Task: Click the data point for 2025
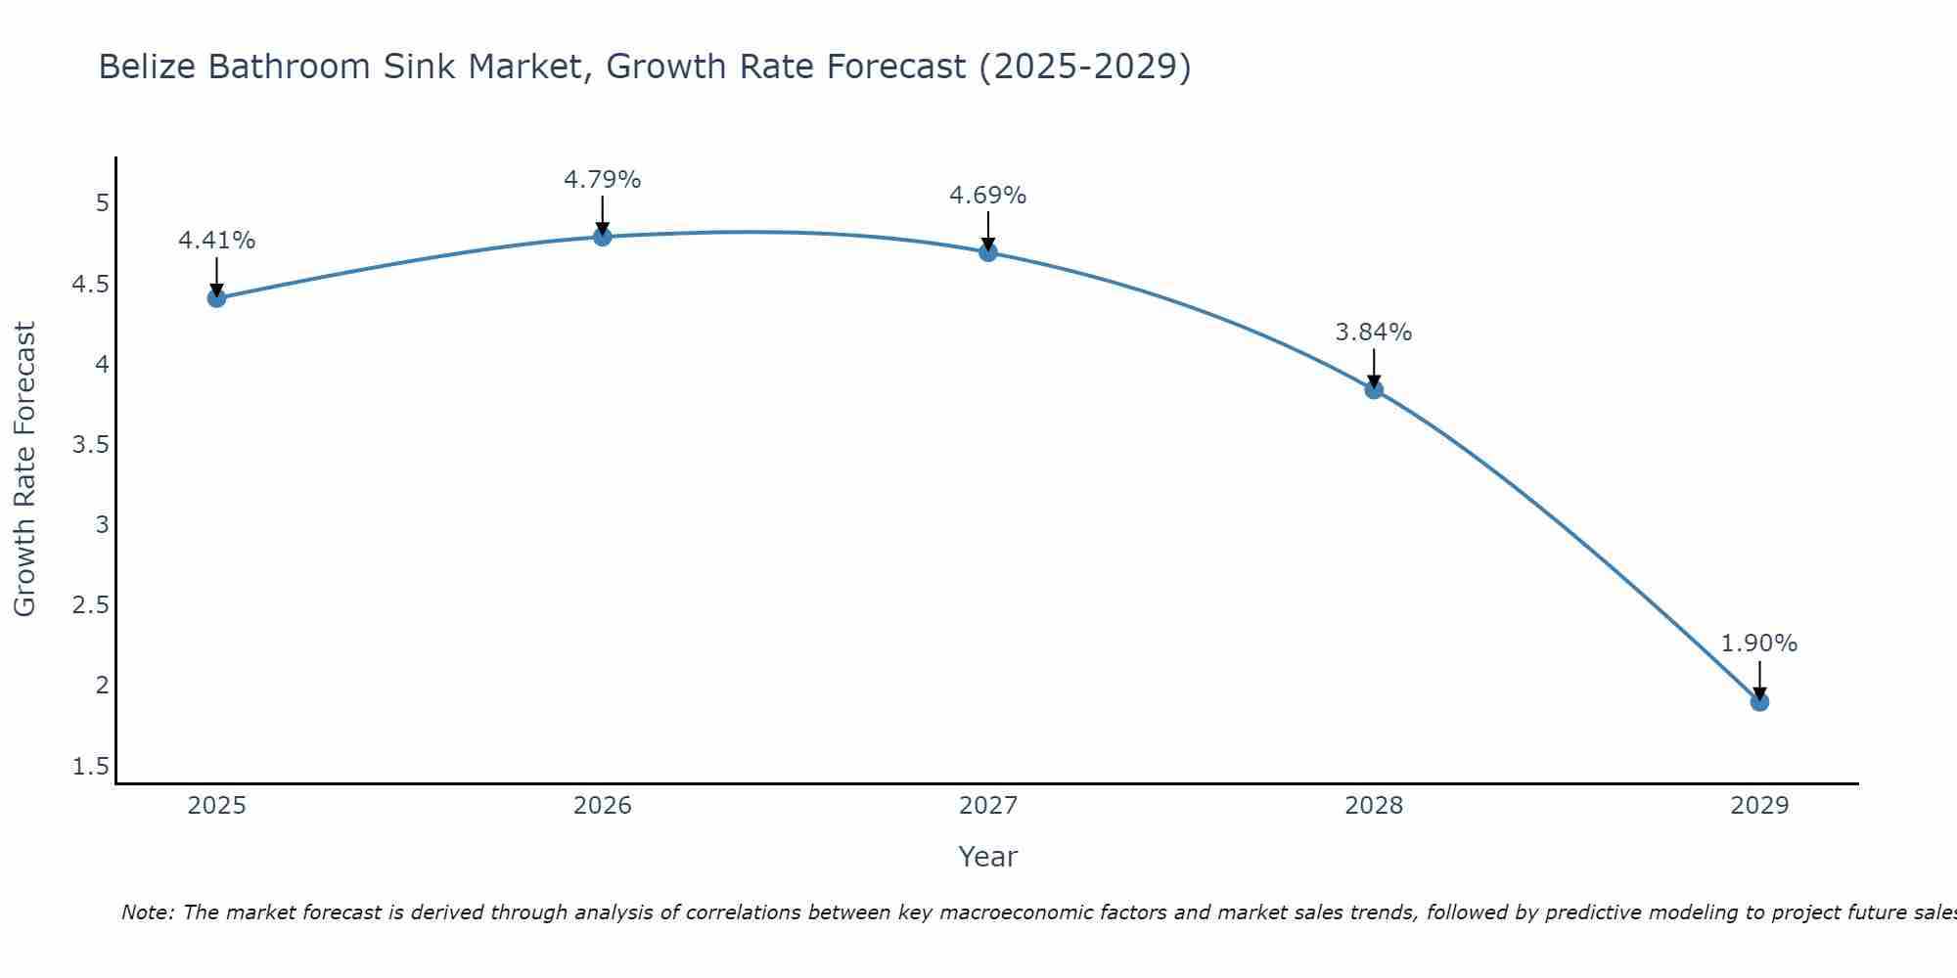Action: coord(217,298)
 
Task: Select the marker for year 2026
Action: coord(603,237)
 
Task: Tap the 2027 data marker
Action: coord(988,252)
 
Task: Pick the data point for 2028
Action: coord(1374,389)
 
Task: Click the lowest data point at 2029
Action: coord(1759,701)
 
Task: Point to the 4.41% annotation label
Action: coord(217,241)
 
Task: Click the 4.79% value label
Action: coord(603,180)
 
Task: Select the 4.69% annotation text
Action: coord(988,196)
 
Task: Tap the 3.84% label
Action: coord(1374,333)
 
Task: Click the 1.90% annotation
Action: coord(1759,644)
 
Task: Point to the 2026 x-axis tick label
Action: coord(603,806)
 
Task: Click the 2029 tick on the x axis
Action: coord(1759,806)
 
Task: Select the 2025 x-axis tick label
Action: coord(217,806)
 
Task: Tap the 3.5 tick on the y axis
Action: coord(91,445)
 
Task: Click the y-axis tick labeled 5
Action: coord(102,203)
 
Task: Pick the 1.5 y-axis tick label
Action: coord(91,767)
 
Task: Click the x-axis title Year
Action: coord(988,857)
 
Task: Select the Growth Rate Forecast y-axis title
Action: coord(24,469)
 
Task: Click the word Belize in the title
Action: coord(147,67)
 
